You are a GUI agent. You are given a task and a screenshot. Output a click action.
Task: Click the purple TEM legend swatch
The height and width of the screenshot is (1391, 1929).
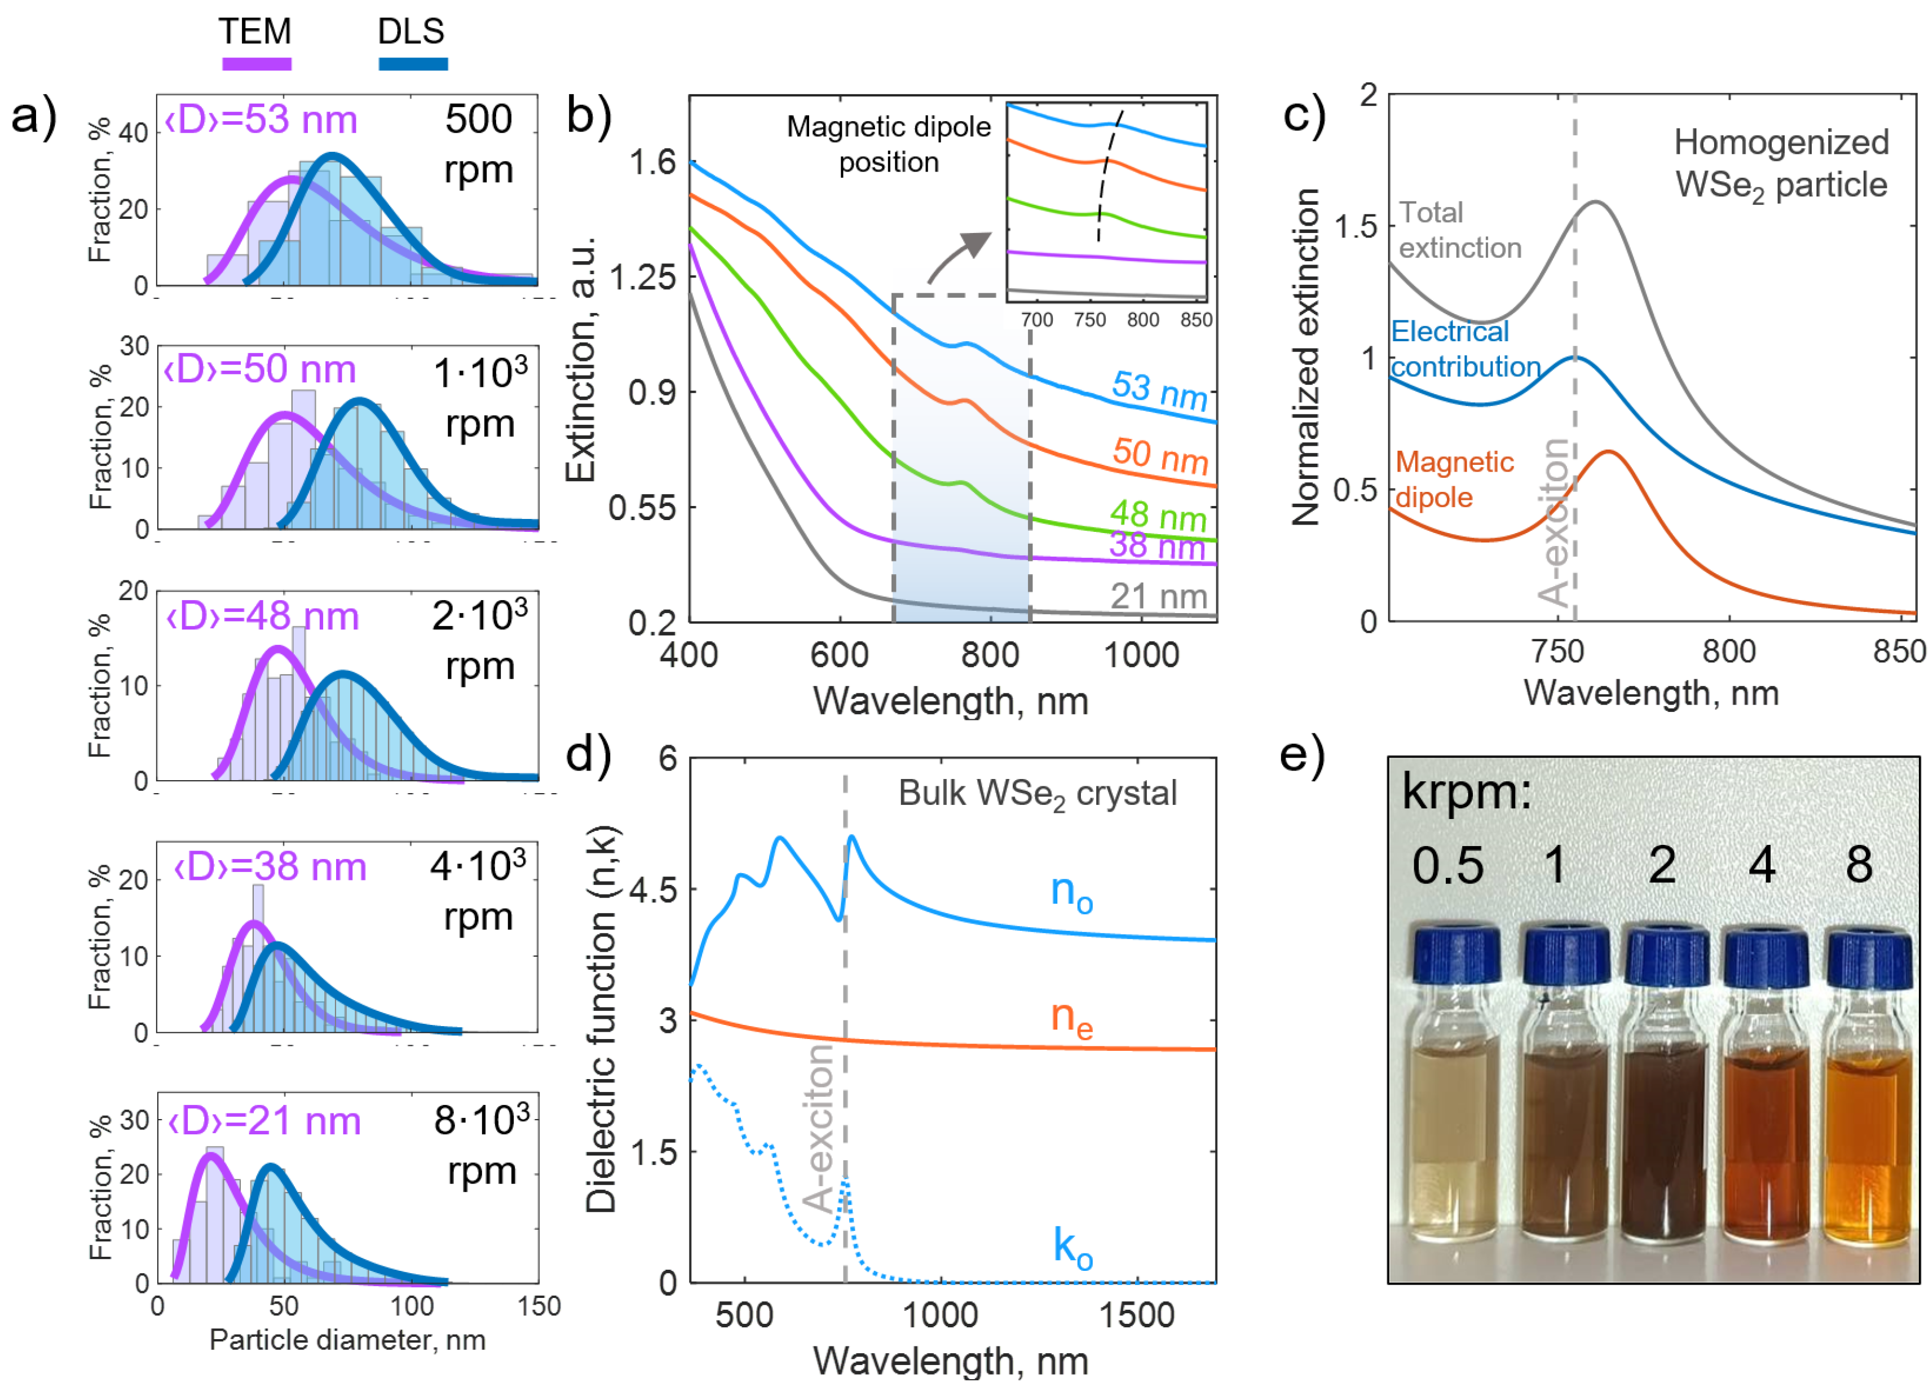256,64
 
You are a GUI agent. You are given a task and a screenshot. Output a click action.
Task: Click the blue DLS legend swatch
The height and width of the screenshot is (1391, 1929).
413,64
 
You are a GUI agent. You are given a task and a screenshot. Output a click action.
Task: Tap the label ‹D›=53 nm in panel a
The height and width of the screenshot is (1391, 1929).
261,120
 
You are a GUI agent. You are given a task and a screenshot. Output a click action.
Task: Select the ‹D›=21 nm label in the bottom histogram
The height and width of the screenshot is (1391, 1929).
264,1121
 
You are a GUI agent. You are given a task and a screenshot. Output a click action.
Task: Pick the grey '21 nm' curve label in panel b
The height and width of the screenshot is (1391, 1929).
1158,596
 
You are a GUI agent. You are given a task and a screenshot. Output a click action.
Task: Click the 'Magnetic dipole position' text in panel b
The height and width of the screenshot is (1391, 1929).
889,144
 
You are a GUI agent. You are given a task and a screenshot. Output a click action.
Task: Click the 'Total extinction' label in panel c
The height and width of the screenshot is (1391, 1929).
1459,230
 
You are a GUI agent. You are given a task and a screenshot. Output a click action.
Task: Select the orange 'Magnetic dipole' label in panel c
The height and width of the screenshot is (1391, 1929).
1454,479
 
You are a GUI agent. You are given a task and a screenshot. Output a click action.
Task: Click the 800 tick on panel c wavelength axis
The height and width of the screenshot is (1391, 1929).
1728,652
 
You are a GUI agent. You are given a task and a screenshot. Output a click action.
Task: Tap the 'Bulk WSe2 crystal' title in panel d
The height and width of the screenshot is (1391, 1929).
1037,794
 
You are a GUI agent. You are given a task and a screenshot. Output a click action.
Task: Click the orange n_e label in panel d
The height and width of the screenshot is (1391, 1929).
1071,1018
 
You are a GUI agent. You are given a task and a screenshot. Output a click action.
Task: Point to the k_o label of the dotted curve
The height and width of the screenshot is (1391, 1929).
1072,1247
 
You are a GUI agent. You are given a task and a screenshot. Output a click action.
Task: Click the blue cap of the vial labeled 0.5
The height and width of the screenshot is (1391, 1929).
1457,954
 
